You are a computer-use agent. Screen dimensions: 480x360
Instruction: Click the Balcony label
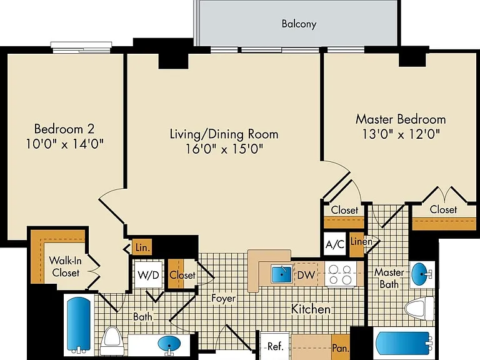[299, 24]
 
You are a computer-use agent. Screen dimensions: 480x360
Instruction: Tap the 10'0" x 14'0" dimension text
[64, 144]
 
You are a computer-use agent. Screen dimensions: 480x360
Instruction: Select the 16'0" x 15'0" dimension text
[224, 149]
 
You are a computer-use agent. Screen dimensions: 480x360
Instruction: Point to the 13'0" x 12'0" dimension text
[401, 134]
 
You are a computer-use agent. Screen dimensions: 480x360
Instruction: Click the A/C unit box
[335, 244]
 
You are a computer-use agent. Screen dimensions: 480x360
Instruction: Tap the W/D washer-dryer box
[149, 274]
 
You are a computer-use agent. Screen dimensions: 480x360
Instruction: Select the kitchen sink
[282, 274]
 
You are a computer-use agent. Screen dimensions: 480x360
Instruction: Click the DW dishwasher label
[306, 275]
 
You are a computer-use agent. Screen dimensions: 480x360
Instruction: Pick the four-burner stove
[341, 274]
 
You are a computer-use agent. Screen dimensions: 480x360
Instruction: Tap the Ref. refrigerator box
[274, 346]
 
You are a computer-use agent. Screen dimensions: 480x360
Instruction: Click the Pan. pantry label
[341, 348]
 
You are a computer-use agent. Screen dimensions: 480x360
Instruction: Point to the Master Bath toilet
[419, 309]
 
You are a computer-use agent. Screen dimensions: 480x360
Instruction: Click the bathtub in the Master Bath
[404, 343]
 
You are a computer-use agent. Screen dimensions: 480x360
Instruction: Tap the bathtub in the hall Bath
[79, 325]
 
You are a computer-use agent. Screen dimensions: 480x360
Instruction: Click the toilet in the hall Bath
[112, 341]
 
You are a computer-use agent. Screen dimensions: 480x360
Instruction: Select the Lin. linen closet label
[142, 247]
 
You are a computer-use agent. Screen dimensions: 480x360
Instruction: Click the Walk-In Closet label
[66, 267]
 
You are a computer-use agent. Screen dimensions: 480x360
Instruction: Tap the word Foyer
[224, 298]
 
